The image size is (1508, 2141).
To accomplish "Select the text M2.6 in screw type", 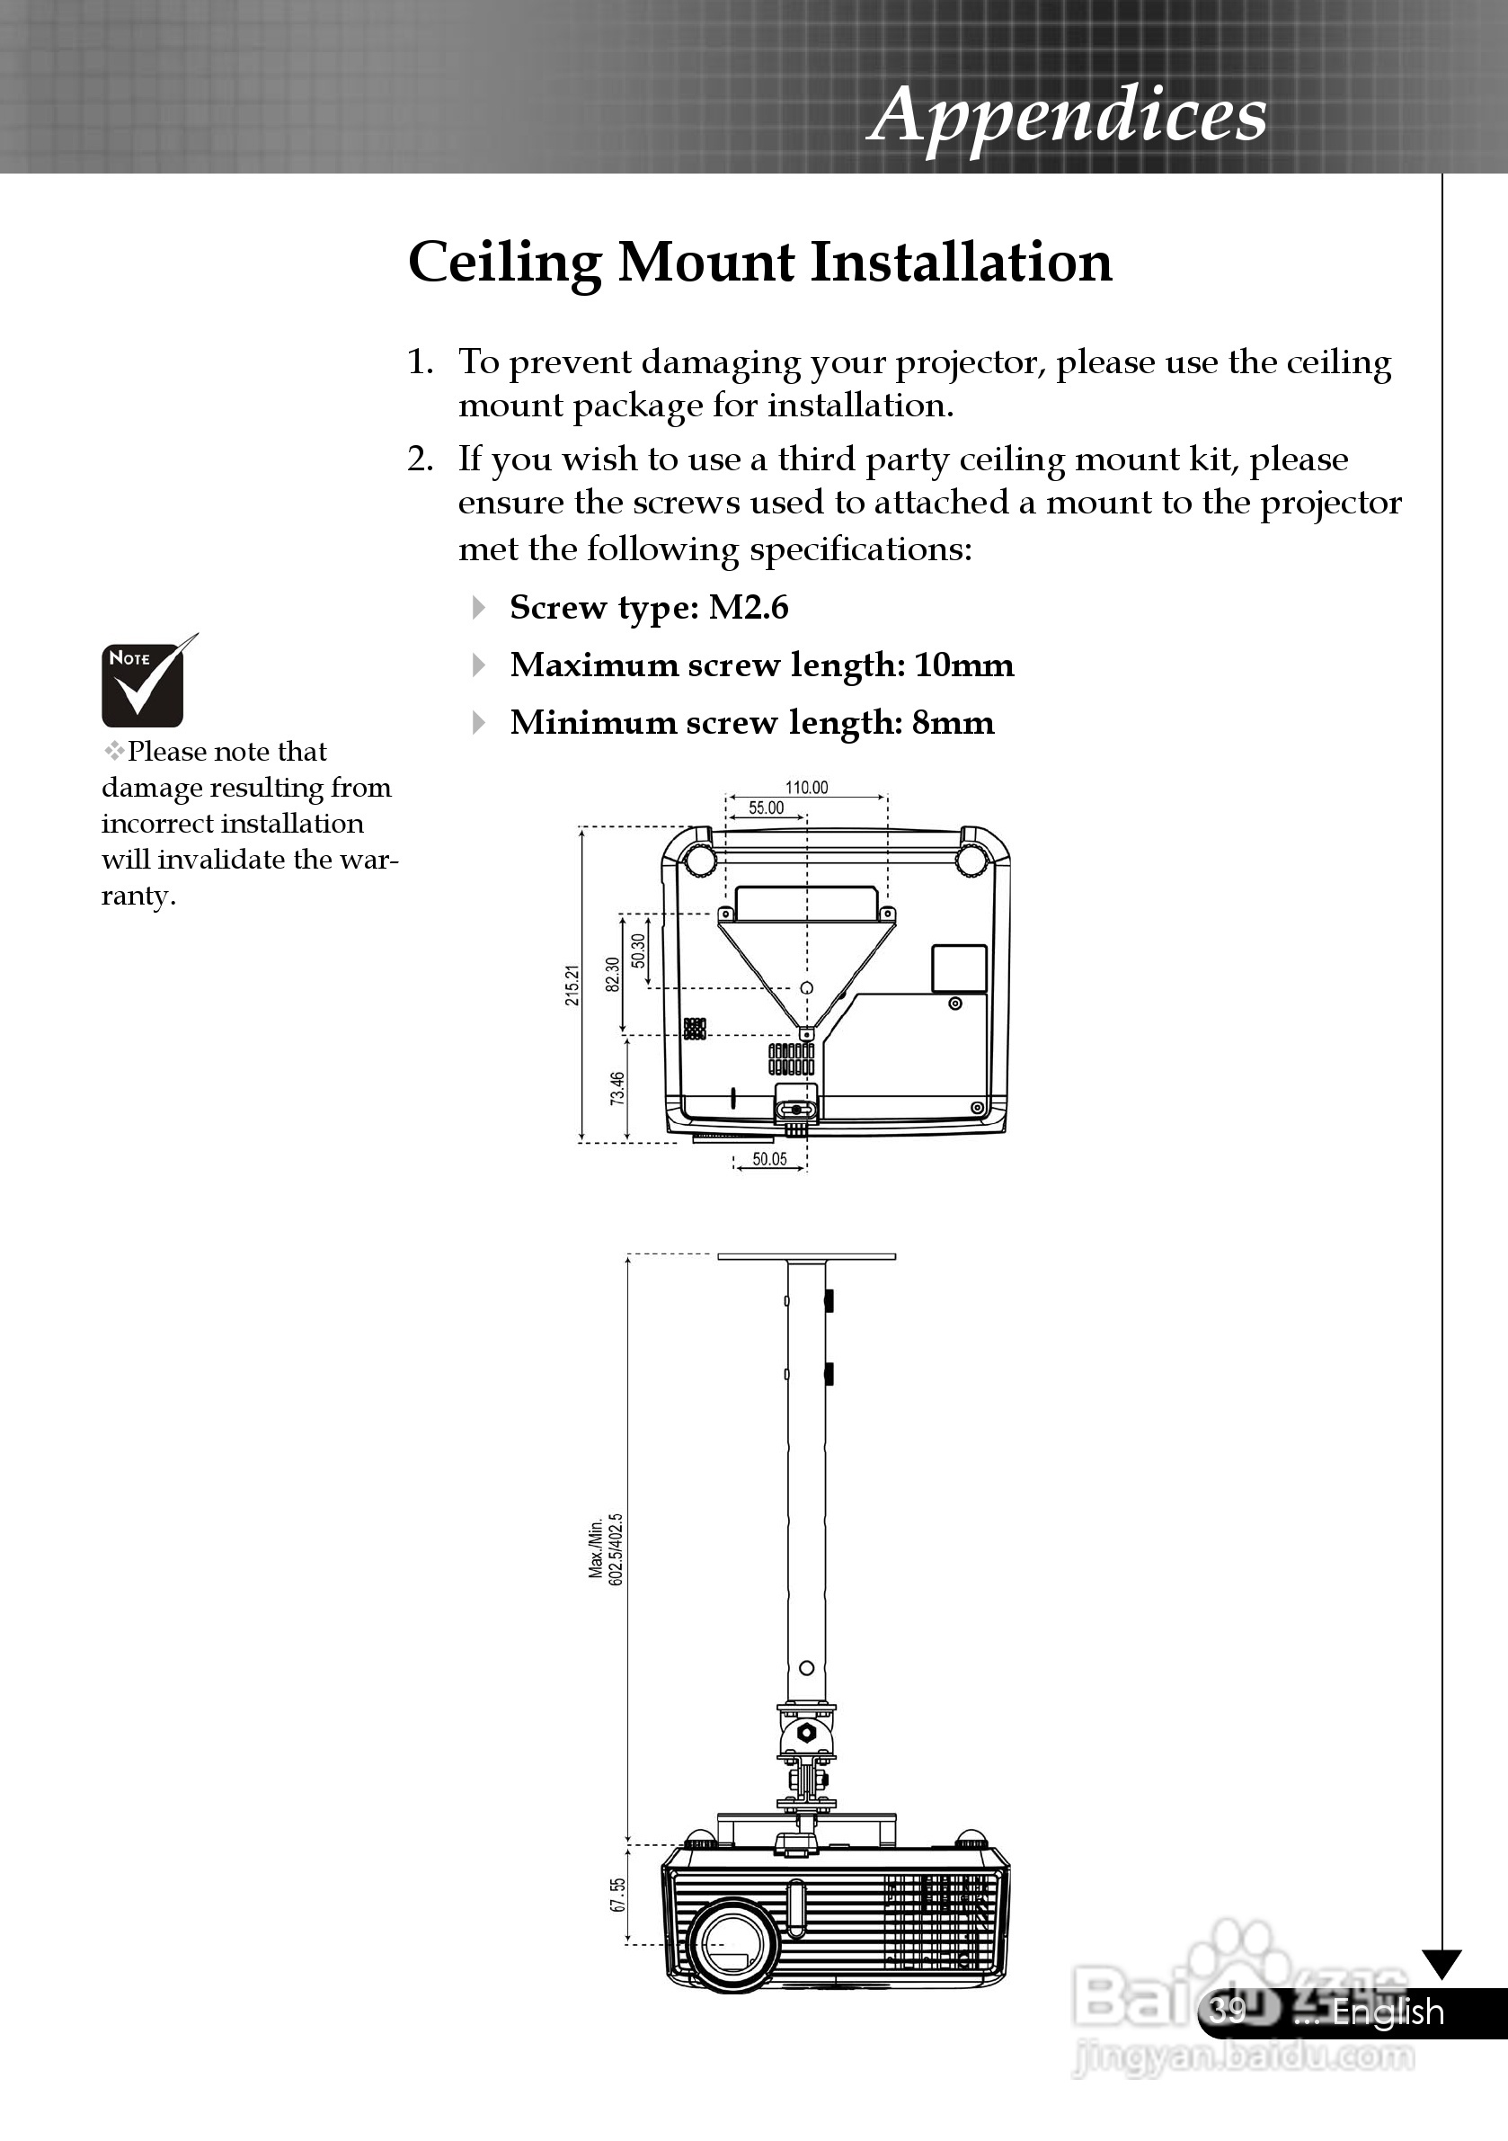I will (x=749, y=608).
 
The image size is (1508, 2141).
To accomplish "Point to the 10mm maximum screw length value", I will (x=963, y=665).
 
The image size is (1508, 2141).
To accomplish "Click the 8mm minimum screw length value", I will (x=953, y=724).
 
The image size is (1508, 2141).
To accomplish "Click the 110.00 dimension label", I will (x=806, y=788).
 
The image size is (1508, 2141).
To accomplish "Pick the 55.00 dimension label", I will (x=766, y=807).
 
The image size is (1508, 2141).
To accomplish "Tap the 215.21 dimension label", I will (x=572, y=986).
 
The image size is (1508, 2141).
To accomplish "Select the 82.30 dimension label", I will (x=612, y=976).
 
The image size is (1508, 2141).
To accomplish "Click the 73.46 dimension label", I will (x=617, y=1089).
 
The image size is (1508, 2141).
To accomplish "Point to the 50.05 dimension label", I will (x=770, y=1160).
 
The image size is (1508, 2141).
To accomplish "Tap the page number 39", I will (x=1229, y=2012).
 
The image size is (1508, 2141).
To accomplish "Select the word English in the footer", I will (x=1388, y=2012).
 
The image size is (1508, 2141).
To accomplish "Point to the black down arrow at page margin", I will (x=1441, y=1964).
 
